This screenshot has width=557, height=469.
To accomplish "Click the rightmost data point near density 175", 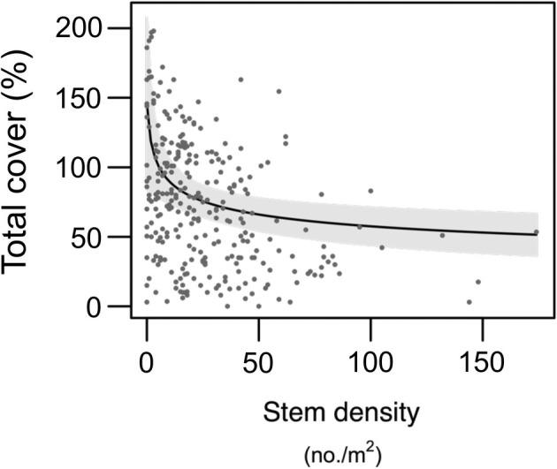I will coord(536,232).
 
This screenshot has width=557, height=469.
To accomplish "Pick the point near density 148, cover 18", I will coord(477,282).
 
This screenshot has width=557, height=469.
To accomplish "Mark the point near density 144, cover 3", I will coord(469,302).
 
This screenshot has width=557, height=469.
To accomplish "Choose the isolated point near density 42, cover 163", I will coord(240,79).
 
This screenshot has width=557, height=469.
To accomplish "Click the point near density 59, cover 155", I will coord(278,91).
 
